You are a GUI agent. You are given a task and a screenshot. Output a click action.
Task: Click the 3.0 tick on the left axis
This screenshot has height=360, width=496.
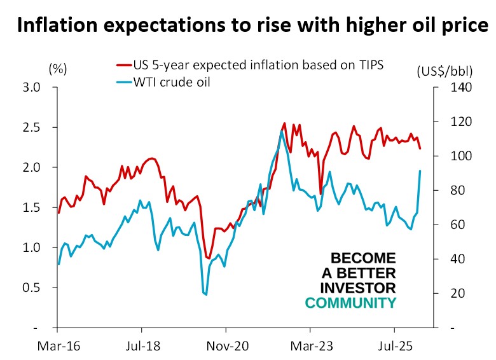(x=32, y=87)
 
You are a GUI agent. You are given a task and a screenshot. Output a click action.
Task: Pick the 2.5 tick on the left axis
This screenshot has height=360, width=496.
(x=32, y=127)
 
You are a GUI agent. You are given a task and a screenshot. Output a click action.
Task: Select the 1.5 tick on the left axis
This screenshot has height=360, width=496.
(x=32, y=207)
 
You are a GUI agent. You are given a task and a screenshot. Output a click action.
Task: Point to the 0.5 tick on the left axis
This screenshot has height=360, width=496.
(x=32, y=287)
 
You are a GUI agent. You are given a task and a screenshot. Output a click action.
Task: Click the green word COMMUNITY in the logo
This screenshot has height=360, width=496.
(x=350, y=303)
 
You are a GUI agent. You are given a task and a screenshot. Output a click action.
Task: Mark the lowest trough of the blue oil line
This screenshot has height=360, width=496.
(x=205, y=294)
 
